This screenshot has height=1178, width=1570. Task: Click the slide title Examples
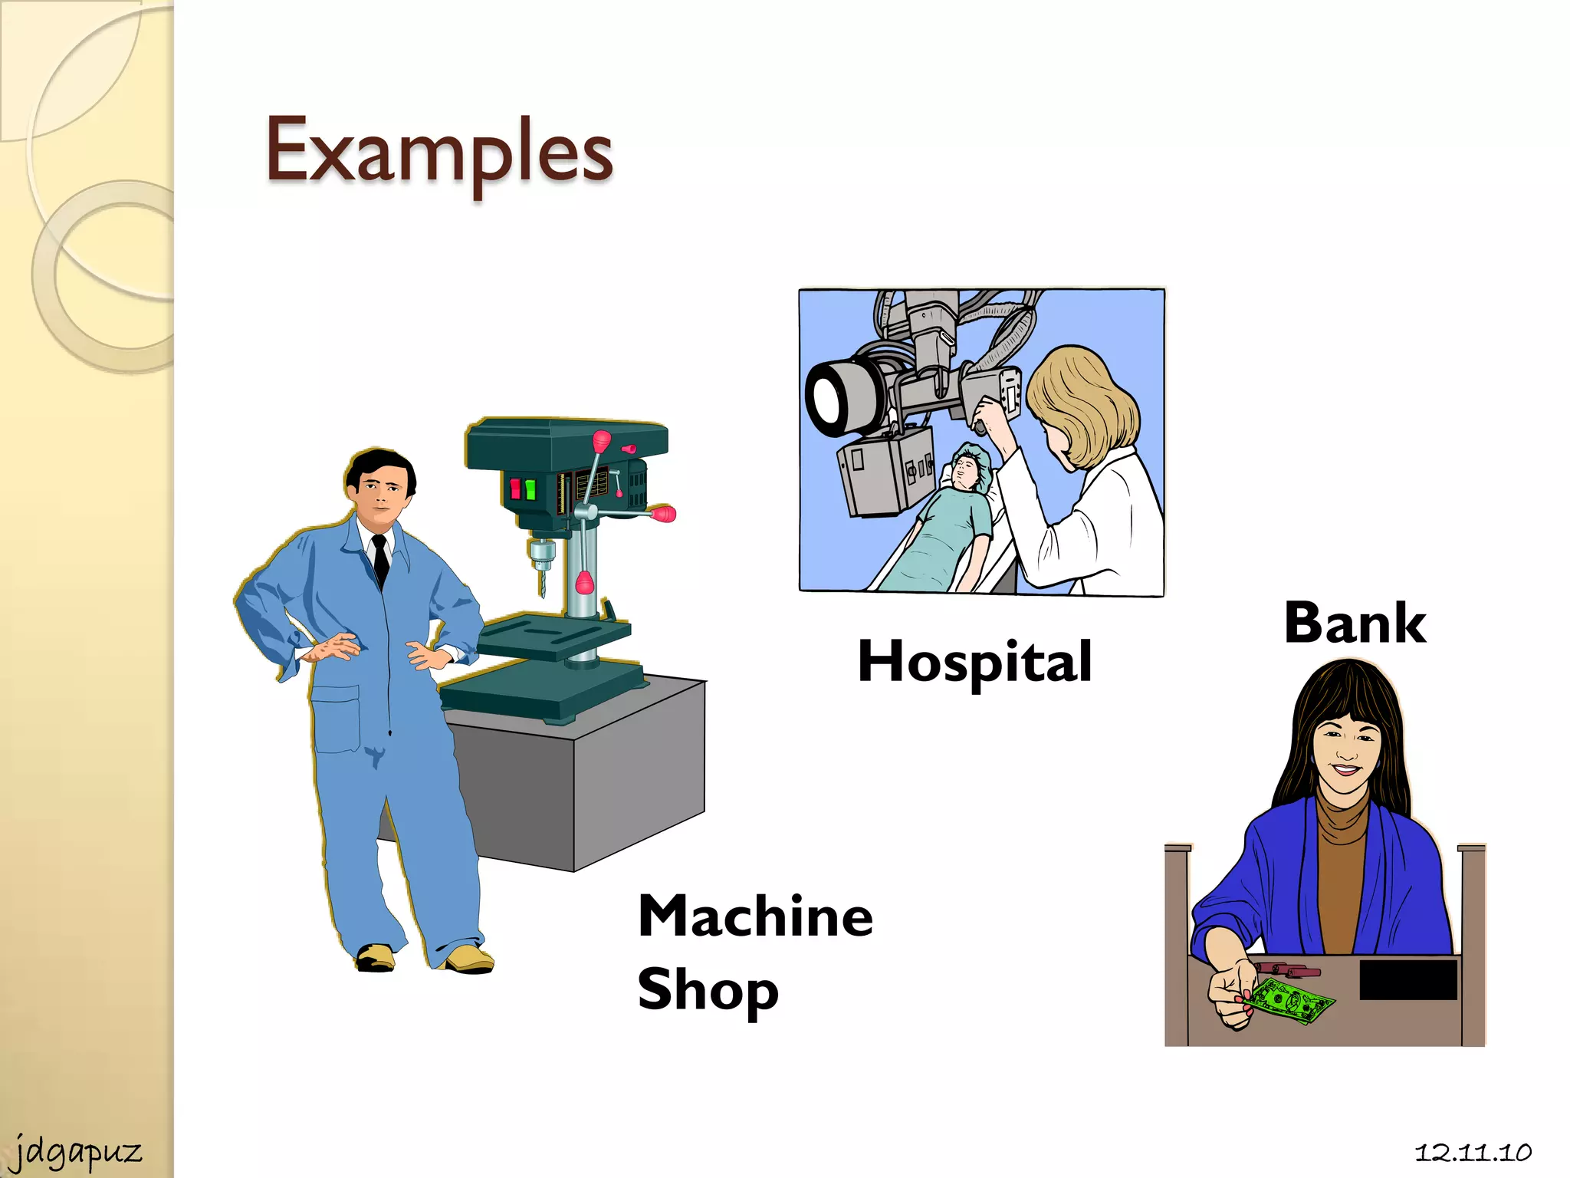click(x=438, y=152)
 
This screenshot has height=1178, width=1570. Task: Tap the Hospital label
click(x=974, y=662)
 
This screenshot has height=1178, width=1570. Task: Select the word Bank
click(x=1355, y=623)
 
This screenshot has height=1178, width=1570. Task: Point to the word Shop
click(x=708, y=990)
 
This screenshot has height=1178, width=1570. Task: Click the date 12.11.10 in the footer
click(x=1473, y=1152)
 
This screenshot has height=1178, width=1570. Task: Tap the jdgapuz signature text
click(x=77, y=1153)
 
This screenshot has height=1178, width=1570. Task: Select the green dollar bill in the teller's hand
click(x=1291, y=1002)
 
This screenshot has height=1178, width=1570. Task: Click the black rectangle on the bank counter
click(x=1407, y=979)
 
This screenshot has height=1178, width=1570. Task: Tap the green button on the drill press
click(x=530, y=489)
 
